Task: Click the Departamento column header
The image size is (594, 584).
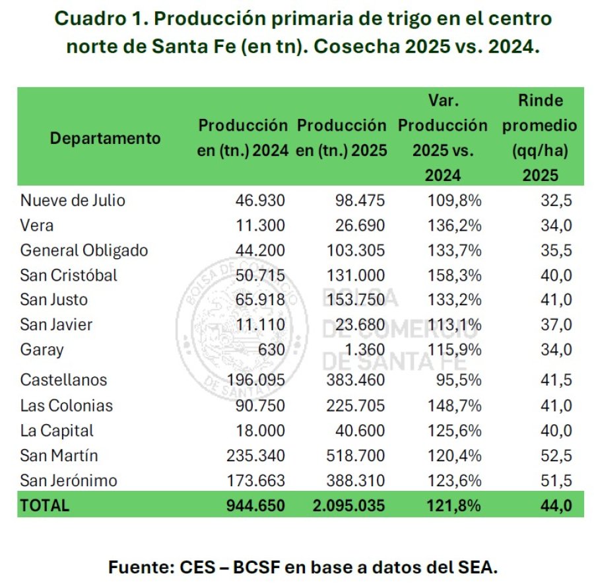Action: (106, 139)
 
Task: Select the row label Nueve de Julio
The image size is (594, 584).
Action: (73, 200)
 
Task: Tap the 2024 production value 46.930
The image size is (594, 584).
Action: (261, 200)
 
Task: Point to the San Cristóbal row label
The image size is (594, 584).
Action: (69, 275)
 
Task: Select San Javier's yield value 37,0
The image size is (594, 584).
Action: (556, 324)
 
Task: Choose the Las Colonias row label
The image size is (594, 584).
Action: (67, 405)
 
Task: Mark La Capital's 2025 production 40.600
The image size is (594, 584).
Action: (356, 430)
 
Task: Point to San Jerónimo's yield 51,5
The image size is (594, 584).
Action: (556, 480)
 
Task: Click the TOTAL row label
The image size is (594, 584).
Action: (45, 505)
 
